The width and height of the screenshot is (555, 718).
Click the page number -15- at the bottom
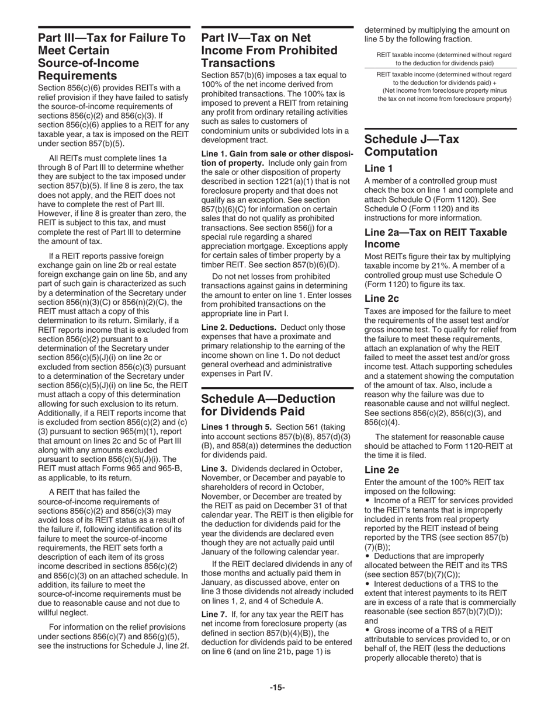point(277,688)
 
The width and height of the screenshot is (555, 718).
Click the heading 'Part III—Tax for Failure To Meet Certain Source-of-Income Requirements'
point(112,57)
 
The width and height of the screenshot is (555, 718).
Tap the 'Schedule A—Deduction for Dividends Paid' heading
point(268,405)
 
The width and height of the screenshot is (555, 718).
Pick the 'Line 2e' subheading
point(381,469)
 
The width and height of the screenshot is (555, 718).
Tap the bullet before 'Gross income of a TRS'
point(367,630)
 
